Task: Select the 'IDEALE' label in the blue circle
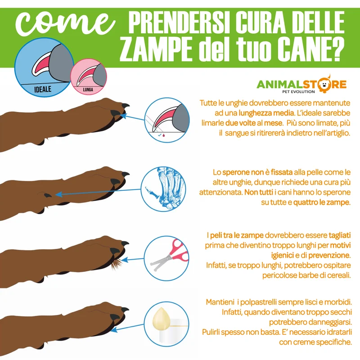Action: [43, 89]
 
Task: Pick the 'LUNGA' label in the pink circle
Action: [88, 90]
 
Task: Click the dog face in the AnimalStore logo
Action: [324, 85]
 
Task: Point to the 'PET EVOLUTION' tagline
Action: [298, 92]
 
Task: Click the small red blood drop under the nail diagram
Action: [163, 135]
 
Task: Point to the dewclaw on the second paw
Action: [48, 195]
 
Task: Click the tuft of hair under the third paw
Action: [117, 264]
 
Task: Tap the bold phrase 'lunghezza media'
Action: [266, 113]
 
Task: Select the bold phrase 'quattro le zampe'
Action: [322, 202]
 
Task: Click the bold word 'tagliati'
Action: [340, 235]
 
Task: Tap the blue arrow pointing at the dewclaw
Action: [98, 192]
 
